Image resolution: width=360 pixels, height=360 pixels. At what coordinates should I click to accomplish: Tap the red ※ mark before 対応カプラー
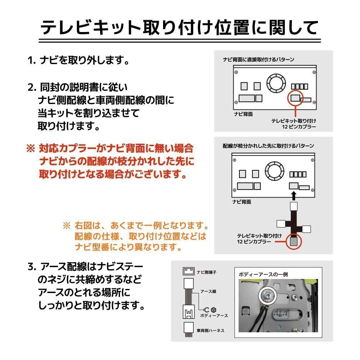(x=30, y=148)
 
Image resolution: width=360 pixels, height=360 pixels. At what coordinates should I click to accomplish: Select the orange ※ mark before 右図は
(x=67, y=226)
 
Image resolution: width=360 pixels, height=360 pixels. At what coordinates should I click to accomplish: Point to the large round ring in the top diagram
(x=276, y=82)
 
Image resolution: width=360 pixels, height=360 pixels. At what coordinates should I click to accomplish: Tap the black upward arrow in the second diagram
(x=294, y=195)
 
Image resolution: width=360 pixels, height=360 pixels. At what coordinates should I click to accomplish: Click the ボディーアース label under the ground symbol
(x=214, y=315)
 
